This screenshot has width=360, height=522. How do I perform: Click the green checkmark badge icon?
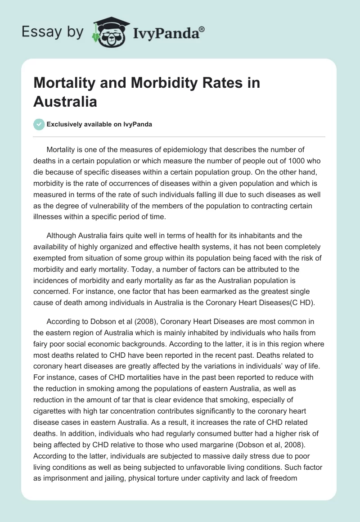(39, 125)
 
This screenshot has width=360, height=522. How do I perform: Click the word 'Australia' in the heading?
(65, 101)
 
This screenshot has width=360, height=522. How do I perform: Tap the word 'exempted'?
(50, 259)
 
